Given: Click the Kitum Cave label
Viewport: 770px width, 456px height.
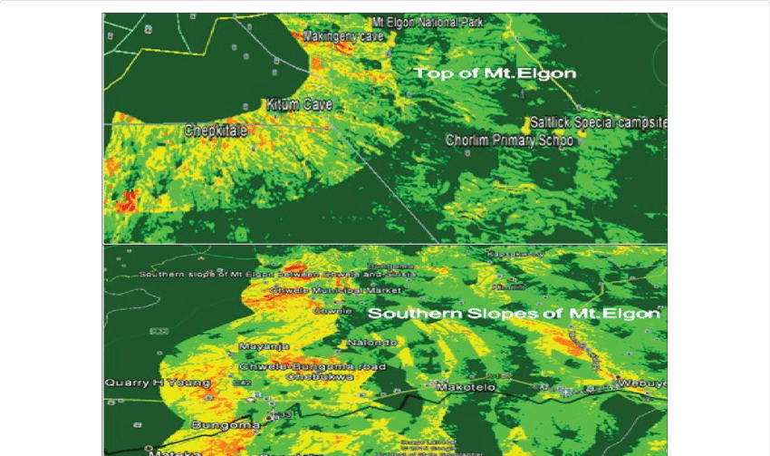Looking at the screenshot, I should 299,105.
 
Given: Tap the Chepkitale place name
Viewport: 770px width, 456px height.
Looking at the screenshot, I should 217,131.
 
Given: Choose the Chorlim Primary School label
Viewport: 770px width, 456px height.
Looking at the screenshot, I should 509,141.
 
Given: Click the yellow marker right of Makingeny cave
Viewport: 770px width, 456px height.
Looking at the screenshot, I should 390,37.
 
